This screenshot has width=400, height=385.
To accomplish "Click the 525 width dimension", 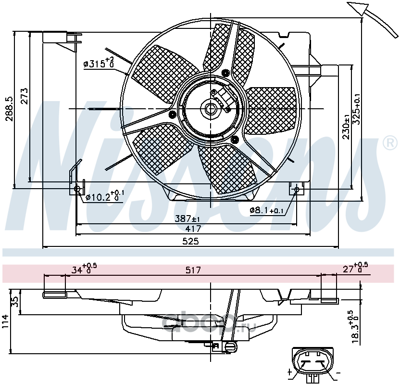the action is click(x=190, y=241).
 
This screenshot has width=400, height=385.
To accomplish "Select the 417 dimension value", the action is click(x=193, y=229).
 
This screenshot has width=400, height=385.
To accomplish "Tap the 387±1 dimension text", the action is click(x=187, y=219).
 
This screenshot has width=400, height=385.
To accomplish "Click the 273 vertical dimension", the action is click(x=24, y=96).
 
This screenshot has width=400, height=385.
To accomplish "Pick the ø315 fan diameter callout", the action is click(x=99, y=63).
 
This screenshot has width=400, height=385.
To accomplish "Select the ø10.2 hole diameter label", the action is click(x=105, y=196).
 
